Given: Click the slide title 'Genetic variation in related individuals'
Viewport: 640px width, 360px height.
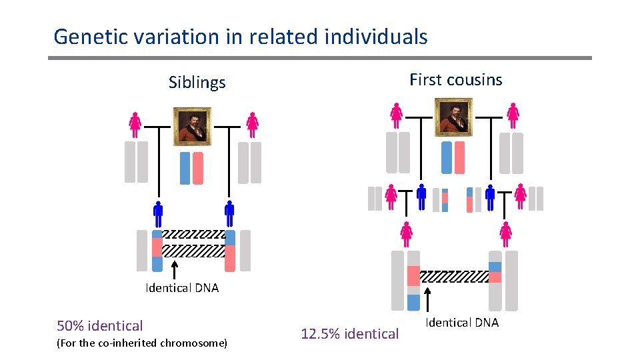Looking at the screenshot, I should pyautogui.click(x=241, y=36).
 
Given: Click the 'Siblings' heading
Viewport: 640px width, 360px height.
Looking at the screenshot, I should pyautogui.click(x=197, y=83).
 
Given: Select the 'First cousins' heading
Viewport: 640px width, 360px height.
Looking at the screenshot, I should pyautogui.click(x=455, y=80).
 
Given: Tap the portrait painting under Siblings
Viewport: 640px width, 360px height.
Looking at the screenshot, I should pyautogui.click(x=192, y=127).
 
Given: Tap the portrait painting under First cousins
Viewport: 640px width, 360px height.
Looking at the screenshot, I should pyautogui.click(x=453, y=117).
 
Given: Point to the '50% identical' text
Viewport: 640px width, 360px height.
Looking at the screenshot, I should pyautogui.click(x=100, y=326).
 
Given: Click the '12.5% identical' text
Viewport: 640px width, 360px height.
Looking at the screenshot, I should pyautogui.click(x=350, y=333).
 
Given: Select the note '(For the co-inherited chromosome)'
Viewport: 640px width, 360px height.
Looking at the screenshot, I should pyautogui.click(x=142, y=343).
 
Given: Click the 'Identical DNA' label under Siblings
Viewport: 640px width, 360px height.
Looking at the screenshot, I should pyautogui.click(x=182, y=288).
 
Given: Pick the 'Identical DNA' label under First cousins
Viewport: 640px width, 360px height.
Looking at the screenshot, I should pyautogui.click(x=462, y=323).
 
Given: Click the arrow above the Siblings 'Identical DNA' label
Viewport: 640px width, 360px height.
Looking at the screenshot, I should pyautogui.click(x=174, y=269).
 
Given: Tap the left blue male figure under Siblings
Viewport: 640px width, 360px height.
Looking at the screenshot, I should pyautogui.click(x=158, y=213).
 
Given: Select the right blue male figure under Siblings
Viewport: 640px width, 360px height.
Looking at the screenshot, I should pyautogui.click(x=229, y=213).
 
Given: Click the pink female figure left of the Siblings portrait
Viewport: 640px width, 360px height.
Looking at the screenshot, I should pyautogui.click(x=135, y=125).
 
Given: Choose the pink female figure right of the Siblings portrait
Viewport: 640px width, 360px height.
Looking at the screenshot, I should pyautogui.click(x=252, y=125).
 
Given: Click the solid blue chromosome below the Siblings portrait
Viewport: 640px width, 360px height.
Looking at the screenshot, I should pyautogui.click(x=185, y=168).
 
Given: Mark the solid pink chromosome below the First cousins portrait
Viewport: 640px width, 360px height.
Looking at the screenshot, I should pyautogui.click(x=460, y=157).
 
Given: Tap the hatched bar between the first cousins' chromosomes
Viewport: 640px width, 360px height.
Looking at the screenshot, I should pyautogui.click(x=455, y=276).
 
